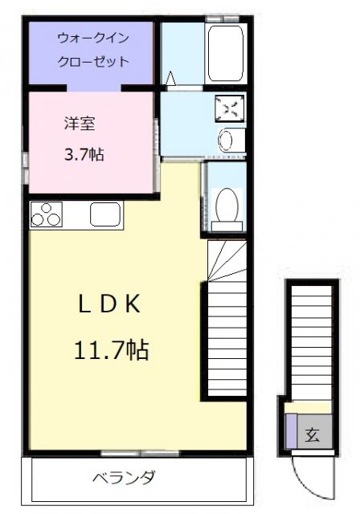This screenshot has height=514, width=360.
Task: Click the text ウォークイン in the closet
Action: coord(93,38)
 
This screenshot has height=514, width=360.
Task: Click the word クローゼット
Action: coord(93,62)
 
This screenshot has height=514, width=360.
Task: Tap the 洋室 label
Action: coord(80,124)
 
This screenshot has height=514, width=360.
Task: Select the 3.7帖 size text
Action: coord(84,153)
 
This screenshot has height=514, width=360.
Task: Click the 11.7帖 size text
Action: coord(112,349)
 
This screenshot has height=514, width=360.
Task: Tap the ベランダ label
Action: coord(124,478)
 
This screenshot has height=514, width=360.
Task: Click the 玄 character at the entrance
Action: coord(312,436)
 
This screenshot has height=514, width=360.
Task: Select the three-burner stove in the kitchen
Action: coord(46,215)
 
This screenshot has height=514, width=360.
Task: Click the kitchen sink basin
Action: coord(105,215)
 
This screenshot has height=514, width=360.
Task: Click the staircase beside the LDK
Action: coord(226,337)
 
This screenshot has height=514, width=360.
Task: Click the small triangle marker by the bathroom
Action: coord(170,78)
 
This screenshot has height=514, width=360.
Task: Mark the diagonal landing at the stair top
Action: coord(226,261)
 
